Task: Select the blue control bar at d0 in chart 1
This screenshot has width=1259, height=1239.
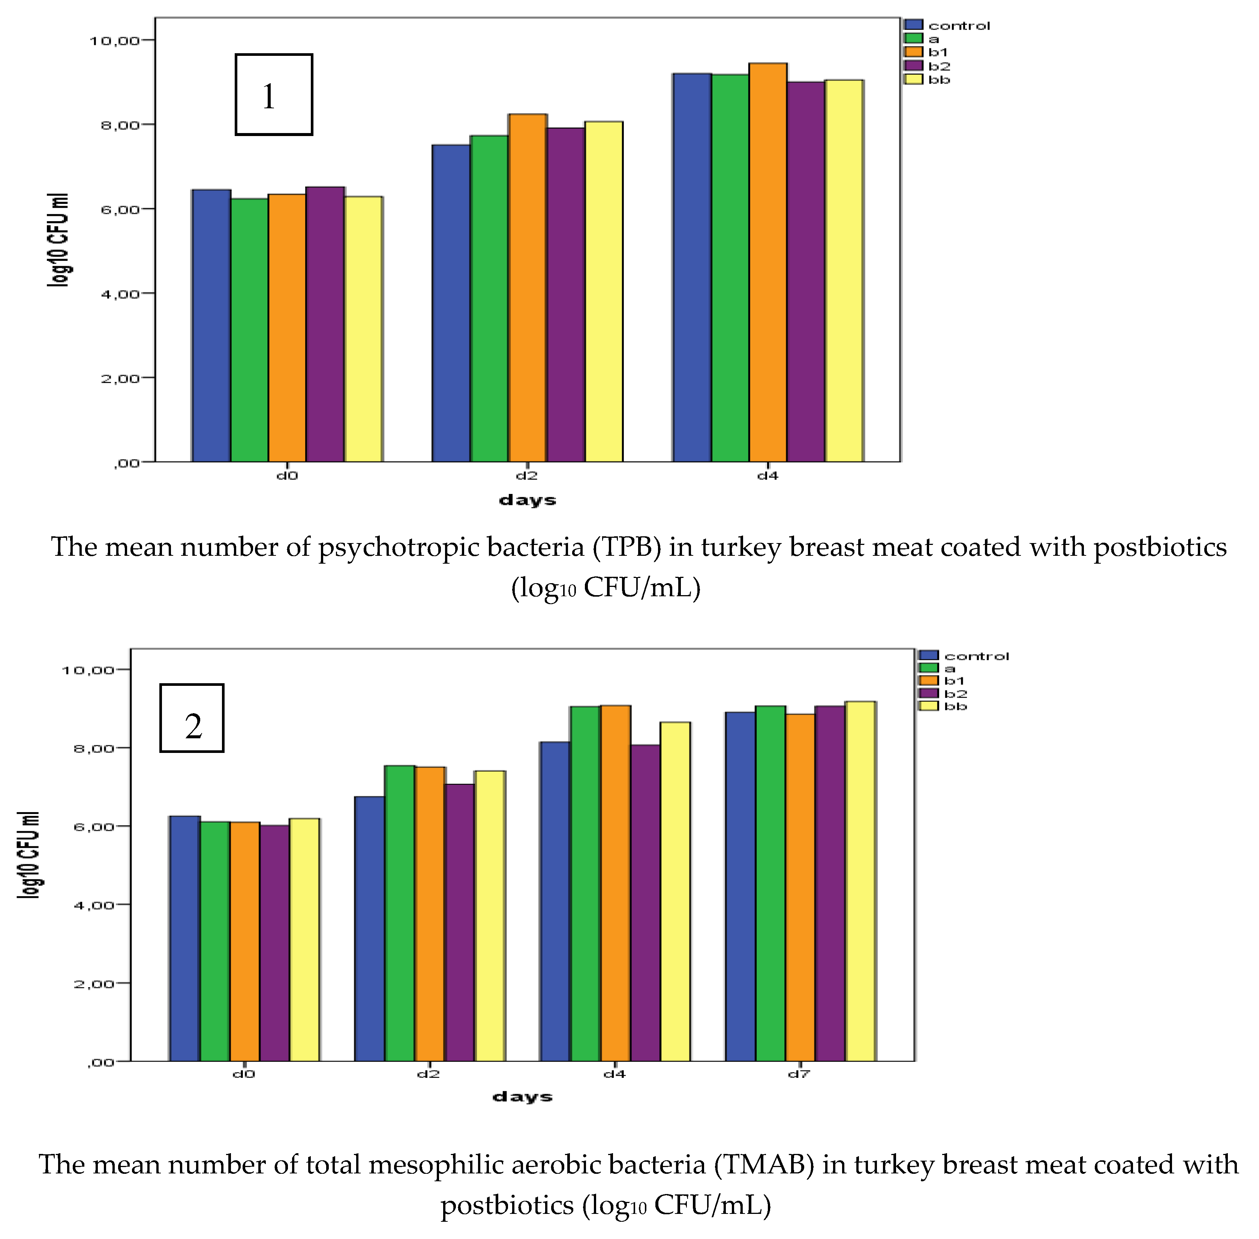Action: tap(211, 325)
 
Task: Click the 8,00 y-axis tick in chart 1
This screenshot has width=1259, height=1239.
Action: tap(120, 124)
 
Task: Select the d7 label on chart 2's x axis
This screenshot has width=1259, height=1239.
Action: tap(799, 1074)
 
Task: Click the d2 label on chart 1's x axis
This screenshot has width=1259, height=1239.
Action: tap(527, 476)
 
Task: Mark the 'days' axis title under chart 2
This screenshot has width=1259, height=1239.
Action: tap(522, 1097)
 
